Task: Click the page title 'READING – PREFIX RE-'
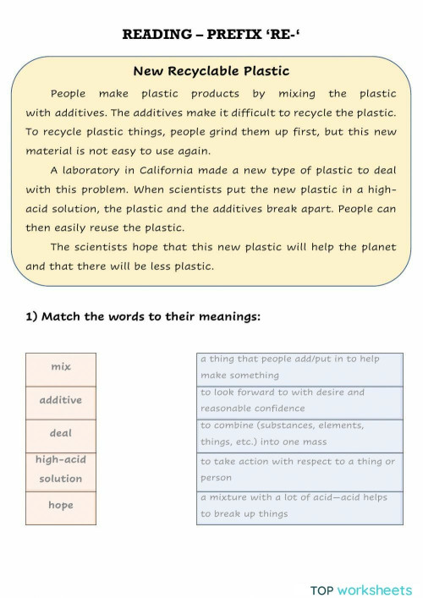tap(211, 34)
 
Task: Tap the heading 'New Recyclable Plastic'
tap(211, 71)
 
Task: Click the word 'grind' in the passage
tap(251, 131)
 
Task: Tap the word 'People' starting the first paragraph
tap(68, 94)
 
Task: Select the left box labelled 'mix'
tap(61, 367)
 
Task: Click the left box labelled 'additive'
tap(61, 400)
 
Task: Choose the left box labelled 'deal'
tap(61, 433)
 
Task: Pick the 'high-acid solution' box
tap(61, 469)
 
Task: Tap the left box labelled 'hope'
tap(61, 506)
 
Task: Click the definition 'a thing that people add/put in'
tap(300, 367)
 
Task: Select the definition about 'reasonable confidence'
tap(300, 400)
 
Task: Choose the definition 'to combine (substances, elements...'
tap(300, 433)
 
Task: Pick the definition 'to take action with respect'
tap(300, 469)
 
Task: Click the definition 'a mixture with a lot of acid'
tap(300, 506)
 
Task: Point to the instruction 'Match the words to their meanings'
tap(142, 316)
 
